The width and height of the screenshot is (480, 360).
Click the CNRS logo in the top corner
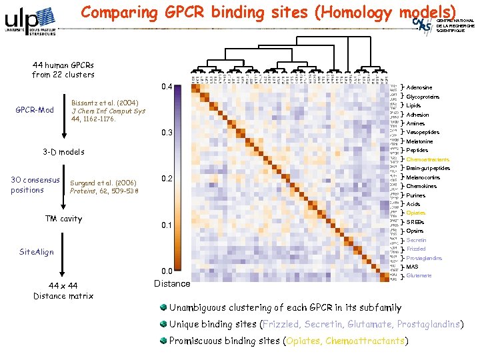(x=423, y=27)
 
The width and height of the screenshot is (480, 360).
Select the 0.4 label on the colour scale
(x=167, y=87)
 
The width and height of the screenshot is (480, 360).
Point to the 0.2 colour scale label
(x=167, y=179)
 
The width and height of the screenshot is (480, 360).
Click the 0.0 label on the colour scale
(x=167, y=271)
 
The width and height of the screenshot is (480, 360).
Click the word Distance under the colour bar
(x=172, y=283)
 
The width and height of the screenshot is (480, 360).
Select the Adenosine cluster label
(x=419, y=87)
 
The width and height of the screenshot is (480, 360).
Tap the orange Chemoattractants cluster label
(x=427, y=159)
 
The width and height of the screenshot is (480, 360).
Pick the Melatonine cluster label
(x=419, y=141)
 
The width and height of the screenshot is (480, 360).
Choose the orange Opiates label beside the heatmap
(x=416, y=213)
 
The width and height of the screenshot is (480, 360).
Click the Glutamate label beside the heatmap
(x=419, y=275)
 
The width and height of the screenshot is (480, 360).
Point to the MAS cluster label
(x=412, y=267)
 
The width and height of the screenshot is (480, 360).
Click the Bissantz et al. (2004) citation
(x=105, y=103)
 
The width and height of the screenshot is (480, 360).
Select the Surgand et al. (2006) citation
(x=103, y=183)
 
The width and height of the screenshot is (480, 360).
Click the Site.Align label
(x=37, y=253)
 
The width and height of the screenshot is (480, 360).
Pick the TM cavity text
(x=63, y=219)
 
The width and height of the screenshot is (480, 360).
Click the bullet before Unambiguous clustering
(x=163, y=307)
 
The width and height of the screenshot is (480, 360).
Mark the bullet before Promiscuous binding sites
(x=163, y=340)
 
